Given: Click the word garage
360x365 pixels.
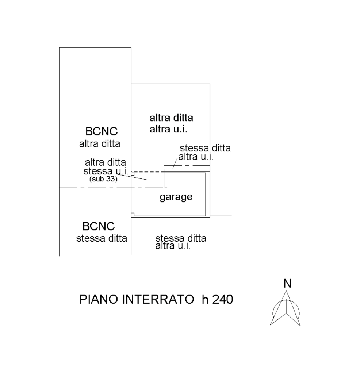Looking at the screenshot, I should point(176,197).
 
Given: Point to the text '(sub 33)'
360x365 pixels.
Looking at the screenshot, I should point(103,180).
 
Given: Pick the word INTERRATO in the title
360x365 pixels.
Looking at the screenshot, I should point(158,300).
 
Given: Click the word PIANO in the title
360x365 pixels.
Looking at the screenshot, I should point(98,300).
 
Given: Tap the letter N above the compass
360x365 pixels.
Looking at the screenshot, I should point(287,283).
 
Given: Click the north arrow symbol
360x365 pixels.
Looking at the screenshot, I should point(286,308).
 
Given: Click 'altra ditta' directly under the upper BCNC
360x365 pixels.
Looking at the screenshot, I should point(100,144).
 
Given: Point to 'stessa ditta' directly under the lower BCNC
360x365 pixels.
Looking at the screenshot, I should point(102,239).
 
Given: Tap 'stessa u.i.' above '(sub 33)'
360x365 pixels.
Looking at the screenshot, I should point(105,171).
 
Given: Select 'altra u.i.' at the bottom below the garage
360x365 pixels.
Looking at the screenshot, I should point(173,246).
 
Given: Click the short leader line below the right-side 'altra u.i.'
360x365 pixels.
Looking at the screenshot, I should point(175,164).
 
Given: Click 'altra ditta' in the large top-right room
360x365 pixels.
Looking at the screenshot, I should point(171,118).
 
